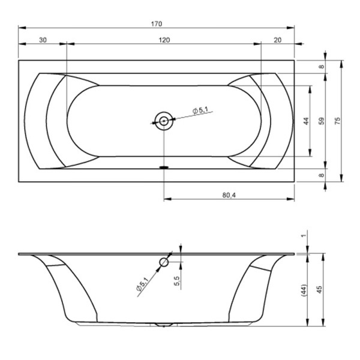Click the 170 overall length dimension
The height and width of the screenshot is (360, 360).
point(157,24)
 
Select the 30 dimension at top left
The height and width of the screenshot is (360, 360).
point(43,40)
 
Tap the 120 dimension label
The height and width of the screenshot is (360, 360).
point(164,40)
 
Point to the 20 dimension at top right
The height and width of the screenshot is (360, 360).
point(278,40)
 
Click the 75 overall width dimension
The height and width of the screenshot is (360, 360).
point(338,121)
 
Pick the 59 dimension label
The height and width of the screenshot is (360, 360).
point(322,121)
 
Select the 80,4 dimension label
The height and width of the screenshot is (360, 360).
point(229,196)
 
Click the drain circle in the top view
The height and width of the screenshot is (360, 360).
point(164,121)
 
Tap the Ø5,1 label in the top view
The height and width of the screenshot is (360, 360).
point(200,110)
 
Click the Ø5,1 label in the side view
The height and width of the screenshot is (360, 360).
point(142,284)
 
